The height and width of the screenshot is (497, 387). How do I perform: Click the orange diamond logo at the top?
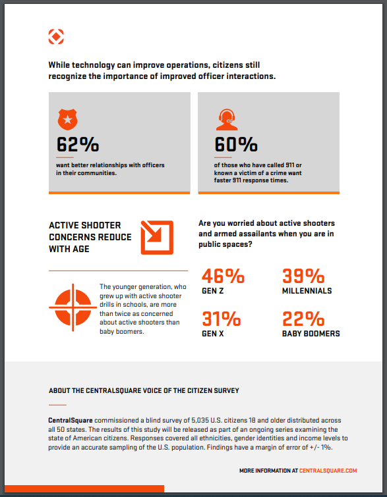click(x=56, y=37)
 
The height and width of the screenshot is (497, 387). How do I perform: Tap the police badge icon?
click(x=67, y=120)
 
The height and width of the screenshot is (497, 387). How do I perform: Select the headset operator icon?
click(x=227, y=120)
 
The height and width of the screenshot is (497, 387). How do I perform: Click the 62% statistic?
click(x=78, y=145)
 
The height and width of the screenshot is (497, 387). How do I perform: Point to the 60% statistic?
click(x=236, y=145)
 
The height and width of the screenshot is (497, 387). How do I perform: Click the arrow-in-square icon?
click(x=157, y=238)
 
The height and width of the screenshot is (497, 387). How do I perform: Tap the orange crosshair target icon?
click(x=73, y=307)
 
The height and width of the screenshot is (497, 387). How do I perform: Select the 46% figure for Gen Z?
click(x=223, y=276)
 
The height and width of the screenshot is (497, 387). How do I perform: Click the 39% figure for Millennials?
click(x=303, y=276)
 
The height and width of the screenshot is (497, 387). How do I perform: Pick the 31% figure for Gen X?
click(x=222, y=319)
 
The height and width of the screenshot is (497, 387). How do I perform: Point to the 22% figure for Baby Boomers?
click(x=303, y=319)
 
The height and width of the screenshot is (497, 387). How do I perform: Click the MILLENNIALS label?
click(x=307, y=291)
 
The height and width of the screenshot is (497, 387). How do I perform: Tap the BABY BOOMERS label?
click(x=311, y=334)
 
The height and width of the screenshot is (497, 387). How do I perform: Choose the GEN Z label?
click(x=213, y=291)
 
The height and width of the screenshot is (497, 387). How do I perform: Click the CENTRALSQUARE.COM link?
click(x=328, y=471)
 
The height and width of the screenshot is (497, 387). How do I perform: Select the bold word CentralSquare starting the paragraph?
click(x=71, y=420)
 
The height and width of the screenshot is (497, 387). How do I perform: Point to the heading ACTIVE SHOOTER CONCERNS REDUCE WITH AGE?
click(x=90, y=237)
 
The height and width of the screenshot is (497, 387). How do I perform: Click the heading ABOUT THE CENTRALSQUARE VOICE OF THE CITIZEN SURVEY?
click(x=144, y=390)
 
